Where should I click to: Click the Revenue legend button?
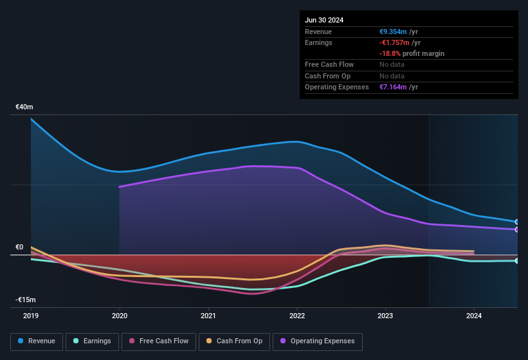[37, 341]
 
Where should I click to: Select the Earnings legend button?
[91, 341]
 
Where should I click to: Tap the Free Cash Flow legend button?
[159, 341]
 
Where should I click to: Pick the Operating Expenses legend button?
[318, 341]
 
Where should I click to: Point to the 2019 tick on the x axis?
[30, 316]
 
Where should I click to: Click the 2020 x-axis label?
[119, 316]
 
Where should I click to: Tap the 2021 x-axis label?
[208, 316]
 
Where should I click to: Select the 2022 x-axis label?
[296, 316]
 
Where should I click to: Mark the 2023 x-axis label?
[385, 316]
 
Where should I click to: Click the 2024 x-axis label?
[474, 316]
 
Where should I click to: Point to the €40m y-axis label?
[24, 107]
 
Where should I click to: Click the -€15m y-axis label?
[26, 300]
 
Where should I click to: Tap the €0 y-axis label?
[19, 248]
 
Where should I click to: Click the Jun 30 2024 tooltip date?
[324, 20]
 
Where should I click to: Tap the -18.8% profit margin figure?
[389, 53]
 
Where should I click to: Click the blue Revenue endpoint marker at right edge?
[517, 222]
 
